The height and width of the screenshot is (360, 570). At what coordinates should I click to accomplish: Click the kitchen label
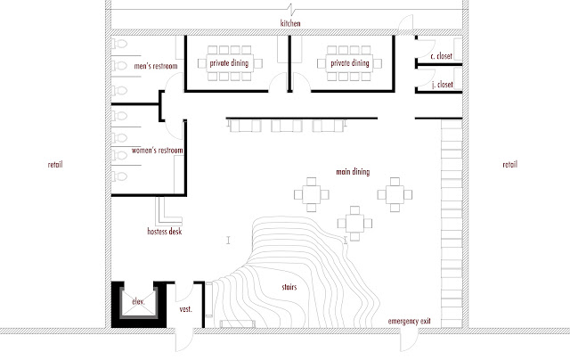click(290, 23)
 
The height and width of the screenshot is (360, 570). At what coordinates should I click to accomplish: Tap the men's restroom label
click(156, 66)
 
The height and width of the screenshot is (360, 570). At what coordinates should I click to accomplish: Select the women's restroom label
click(158, 151)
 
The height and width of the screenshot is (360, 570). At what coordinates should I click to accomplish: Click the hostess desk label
click(164, 232)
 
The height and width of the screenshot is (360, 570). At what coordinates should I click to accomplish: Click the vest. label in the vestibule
click(185, 309)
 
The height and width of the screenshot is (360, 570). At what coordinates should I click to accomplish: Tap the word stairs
click(289, 287)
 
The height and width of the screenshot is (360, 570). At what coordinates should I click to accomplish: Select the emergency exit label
click(409, 321)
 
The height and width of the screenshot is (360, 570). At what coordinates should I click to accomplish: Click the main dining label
click(353, 172)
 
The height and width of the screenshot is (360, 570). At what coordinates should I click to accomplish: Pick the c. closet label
click(442, 56)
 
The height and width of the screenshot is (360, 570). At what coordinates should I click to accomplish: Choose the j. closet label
click(443, 85)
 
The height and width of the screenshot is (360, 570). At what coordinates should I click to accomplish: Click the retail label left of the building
click(55, 164)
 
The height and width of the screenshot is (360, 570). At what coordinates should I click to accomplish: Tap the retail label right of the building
click(509, 164)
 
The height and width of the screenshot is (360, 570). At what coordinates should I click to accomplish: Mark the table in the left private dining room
click(230, 63)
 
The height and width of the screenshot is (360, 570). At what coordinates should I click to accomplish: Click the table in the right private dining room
click(350, 63)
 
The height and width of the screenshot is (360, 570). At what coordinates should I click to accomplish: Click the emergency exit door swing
click(410, 340)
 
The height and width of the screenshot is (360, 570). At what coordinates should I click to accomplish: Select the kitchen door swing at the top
click(404, 23)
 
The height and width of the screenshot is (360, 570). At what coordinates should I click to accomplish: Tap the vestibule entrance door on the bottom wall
click(184, 340)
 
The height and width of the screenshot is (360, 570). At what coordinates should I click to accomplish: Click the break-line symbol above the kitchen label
click(290, 8)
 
